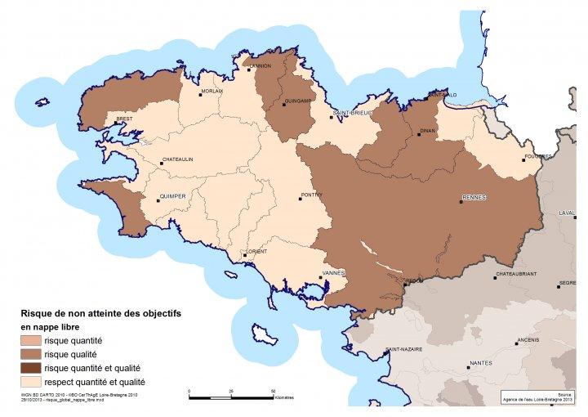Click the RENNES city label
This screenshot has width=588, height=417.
pos(474,197)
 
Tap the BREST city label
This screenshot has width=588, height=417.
pos(125,119)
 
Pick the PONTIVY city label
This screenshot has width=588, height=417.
pos(313,194)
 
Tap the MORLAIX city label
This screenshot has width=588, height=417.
pos(212,92)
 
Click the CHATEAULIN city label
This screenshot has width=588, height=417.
pos(177,159)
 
